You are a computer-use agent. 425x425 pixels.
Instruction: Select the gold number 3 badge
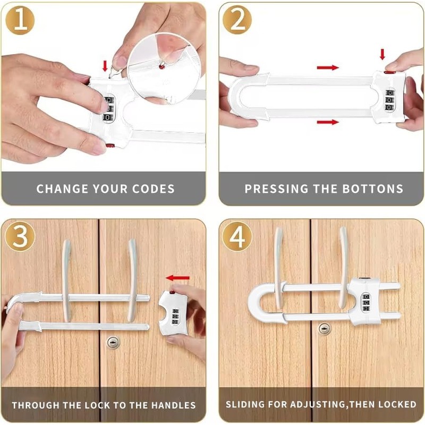pos(20,237)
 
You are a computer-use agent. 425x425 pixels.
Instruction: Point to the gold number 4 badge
pos(237,237)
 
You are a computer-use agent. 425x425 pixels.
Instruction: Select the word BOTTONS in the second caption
pos(377,189)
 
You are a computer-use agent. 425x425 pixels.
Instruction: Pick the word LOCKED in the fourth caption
pos(397,405)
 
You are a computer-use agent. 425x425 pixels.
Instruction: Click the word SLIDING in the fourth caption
pos(245,405)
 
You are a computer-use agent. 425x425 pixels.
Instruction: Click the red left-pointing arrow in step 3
pos(177,277)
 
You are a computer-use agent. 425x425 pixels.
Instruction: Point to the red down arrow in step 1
pos(105,66)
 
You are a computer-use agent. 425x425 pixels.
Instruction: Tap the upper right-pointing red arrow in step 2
pos(327,67)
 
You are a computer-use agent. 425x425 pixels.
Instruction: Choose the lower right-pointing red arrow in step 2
pos(327,122)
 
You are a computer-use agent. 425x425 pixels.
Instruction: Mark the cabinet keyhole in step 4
pos(324,329)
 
